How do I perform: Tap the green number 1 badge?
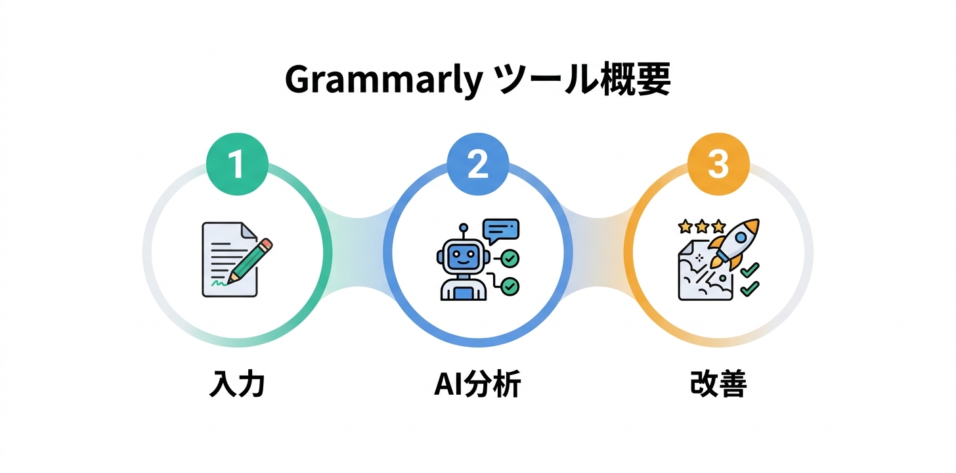pyautogui.click(x=236, y=164)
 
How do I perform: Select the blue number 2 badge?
pyautogui.click(x=477, y=164)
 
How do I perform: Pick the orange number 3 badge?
pyautogui.click(x=718, y=164)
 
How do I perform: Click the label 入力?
pyautogui.click(x=236, y=384)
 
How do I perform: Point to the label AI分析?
pyautogui.click(x=477, y=384)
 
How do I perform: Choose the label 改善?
pyautogui.click(x=718, y=384)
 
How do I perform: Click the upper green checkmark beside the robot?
pyautogui.click(x=510, y=259)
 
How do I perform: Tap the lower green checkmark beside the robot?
pyautogui.click(x=510, y=286)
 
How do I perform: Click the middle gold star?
pyautogui.click(x=702, y=227)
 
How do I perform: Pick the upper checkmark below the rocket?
pyautogui.click(x=749, y=269)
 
